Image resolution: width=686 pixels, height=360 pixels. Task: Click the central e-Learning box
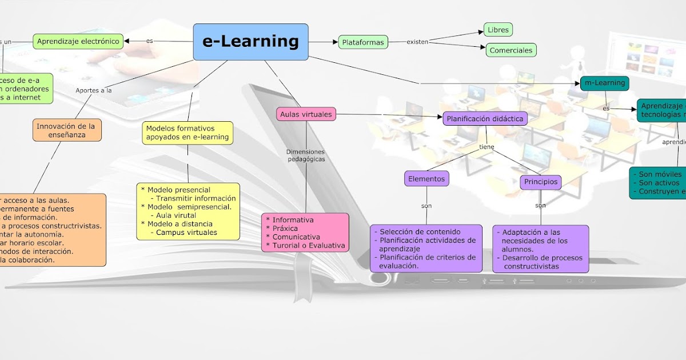pyautogui.click(x=250, y=42)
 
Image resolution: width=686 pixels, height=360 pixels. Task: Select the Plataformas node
pyautogui.click(x=363, y=42)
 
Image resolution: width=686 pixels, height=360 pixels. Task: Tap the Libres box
pyautogui.click(x=497, y=29)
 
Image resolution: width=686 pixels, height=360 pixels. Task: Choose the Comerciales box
pyautogui.click(x=511, y=50)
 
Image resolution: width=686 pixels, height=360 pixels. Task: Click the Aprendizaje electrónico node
pyautogui.click(x=78, y=41)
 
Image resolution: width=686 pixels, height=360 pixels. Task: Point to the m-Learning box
pyautogui.click(x=604, y=83)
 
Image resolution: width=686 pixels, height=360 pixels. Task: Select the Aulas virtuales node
pyautogui.click(x=306, y=114)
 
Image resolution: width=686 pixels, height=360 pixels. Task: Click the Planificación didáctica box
pyautogui.click(x=485, y=119)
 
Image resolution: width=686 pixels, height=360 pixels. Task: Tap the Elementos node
pyautogui.click(x=426, y=179)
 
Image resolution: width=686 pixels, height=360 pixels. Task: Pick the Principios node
pyautogui.click(x=540, y=182)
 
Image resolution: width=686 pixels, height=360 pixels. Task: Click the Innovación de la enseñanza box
pyautogui.click(x=67, y=130)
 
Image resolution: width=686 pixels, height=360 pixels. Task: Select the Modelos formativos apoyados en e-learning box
pyautogui.click(x=187, y=133)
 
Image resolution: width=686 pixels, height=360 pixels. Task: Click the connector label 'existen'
pyautogui.click(x=417, y=42)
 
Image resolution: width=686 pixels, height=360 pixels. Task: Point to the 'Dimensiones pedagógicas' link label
pyautogui.click(x=305, y=155)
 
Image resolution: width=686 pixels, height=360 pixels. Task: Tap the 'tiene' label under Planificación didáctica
pyautogui.click(x=486, y=147)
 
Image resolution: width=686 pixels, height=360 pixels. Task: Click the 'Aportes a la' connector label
pyautogui.click(x=94, y=90)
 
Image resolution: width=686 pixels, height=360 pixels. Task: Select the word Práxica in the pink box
pyautogui.click(x=285, y=229)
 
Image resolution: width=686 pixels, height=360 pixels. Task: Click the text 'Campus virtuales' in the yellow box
pyautogui.click(x=186, y=233)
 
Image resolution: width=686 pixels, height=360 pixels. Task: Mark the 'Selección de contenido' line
pyautogui.click(x=420, y=232)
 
